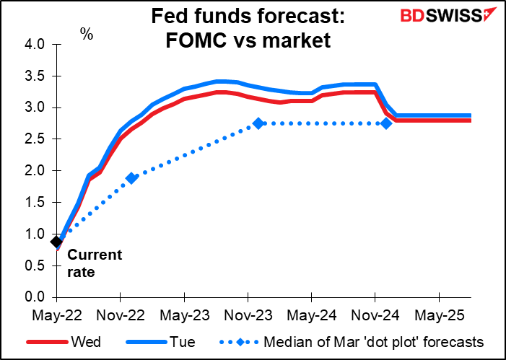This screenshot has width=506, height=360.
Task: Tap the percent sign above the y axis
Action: pyautogui.click(x=87, y=33)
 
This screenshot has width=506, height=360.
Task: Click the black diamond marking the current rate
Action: pyautogui.click(x=56, y=242)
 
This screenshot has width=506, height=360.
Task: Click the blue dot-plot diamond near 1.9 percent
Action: pyautogui.click(x=131, y=178)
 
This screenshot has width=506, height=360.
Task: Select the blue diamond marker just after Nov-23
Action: pyautogui.click(x=258, y=123)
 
